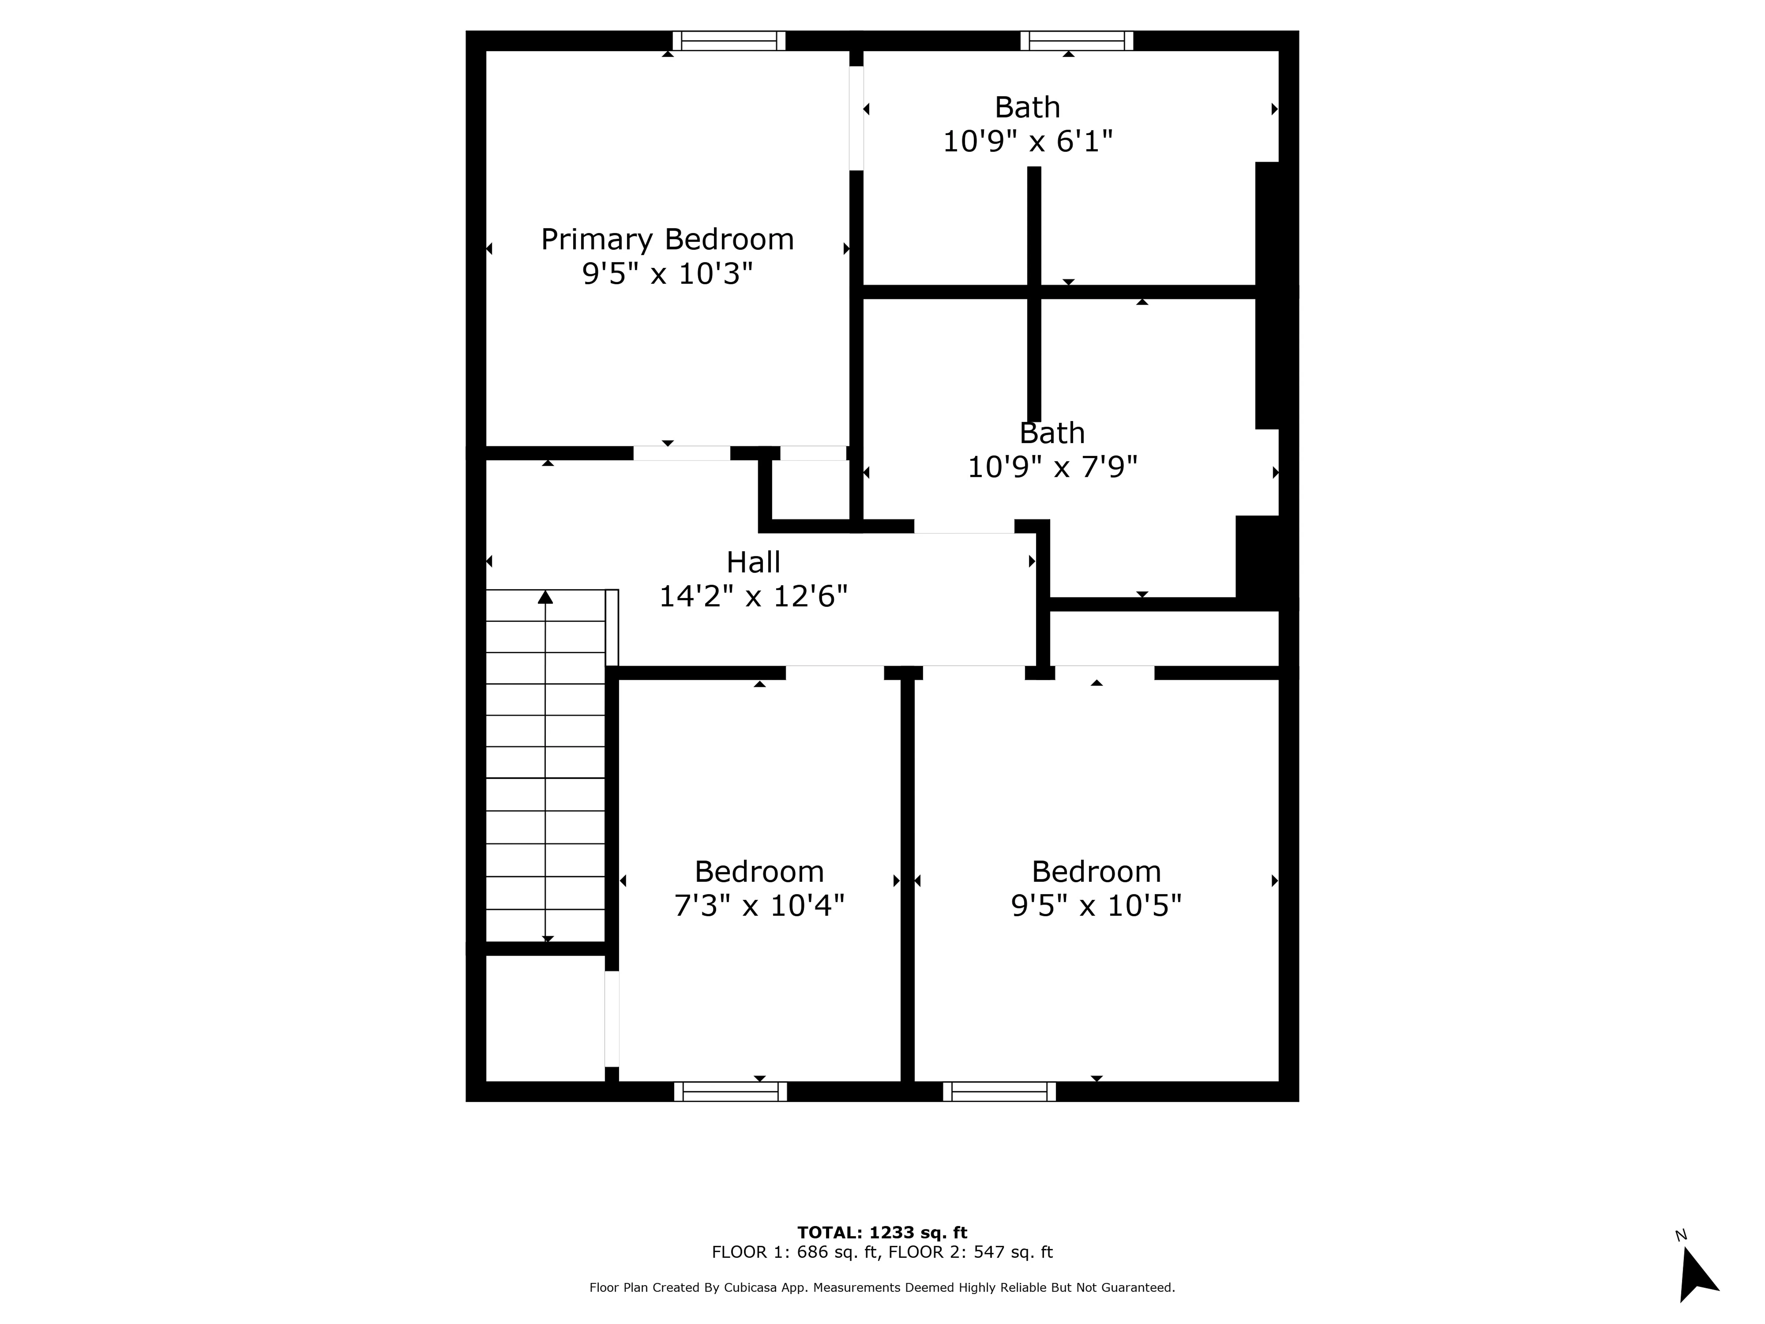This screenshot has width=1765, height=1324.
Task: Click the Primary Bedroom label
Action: tap(667, 239)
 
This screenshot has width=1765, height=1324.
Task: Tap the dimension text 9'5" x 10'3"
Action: tap(667, 274)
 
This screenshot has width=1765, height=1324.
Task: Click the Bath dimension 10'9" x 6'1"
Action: tap(1028, 141)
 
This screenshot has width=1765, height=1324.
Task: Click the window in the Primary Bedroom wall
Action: tap(728, 41)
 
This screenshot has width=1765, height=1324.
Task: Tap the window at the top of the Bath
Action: tap(1076, 41)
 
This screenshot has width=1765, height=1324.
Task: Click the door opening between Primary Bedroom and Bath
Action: tap(856, 118)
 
